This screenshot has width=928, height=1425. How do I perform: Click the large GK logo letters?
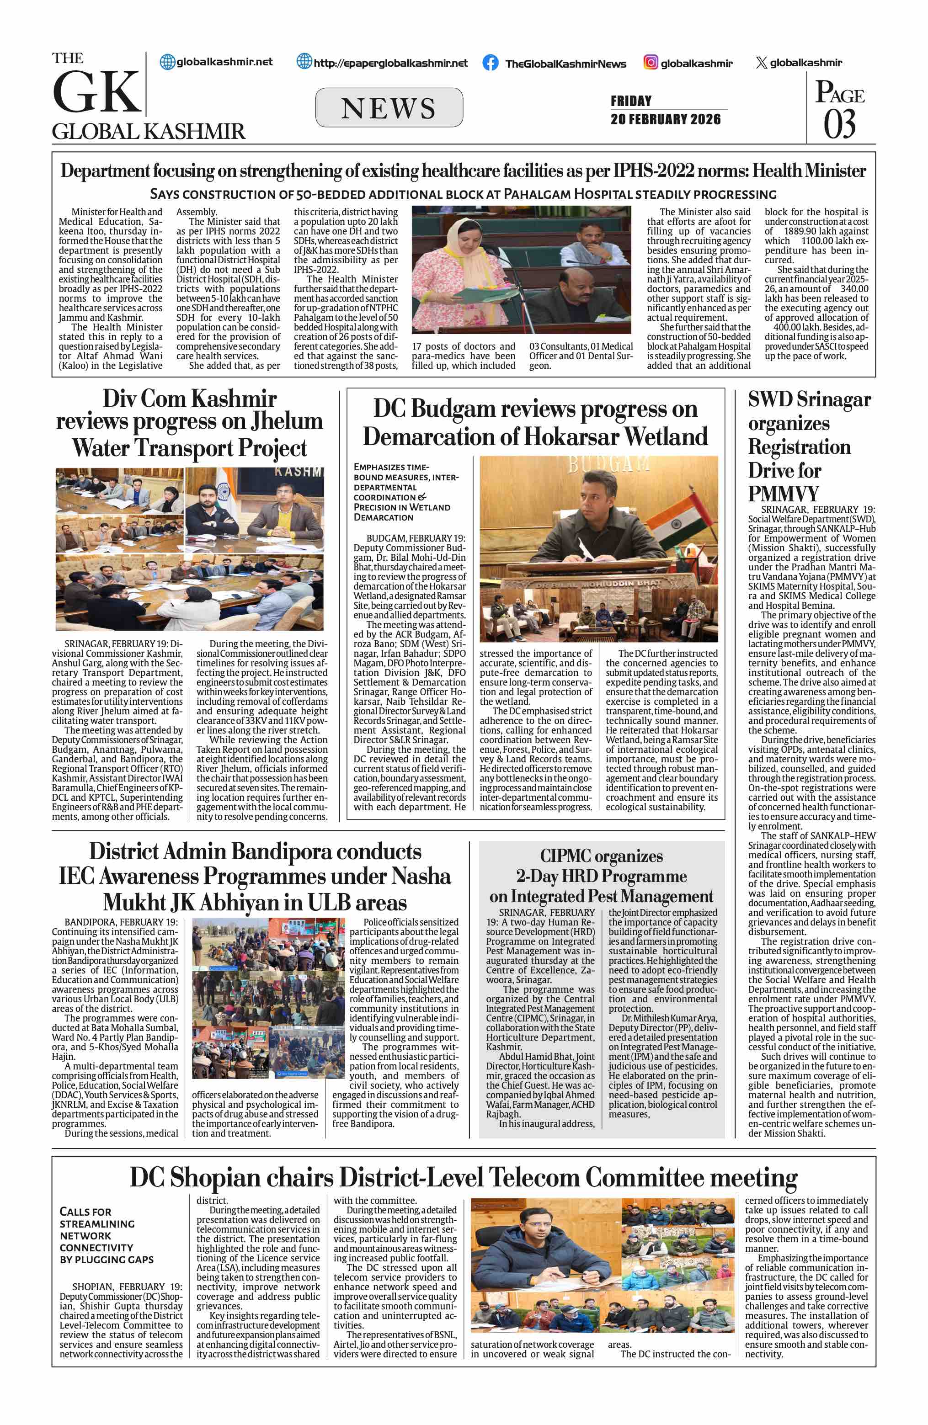97,92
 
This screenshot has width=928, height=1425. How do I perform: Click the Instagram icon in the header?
651,62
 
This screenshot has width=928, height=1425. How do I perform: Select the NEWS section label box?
389,108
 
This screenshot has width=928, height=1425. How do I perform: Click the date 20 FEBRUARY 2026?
665,119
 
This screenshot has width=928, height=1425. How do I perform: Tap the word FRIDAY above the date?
630,101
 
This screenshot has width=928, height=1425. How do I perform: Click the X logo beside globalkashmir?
761,63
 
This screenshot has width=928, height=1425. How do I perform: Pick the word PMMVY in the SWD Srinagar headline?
783,494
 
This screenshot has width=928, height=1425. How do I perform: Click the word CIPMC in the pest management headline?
565,856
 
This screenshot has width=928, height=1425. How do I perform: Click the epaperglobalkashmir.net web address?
390,63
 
